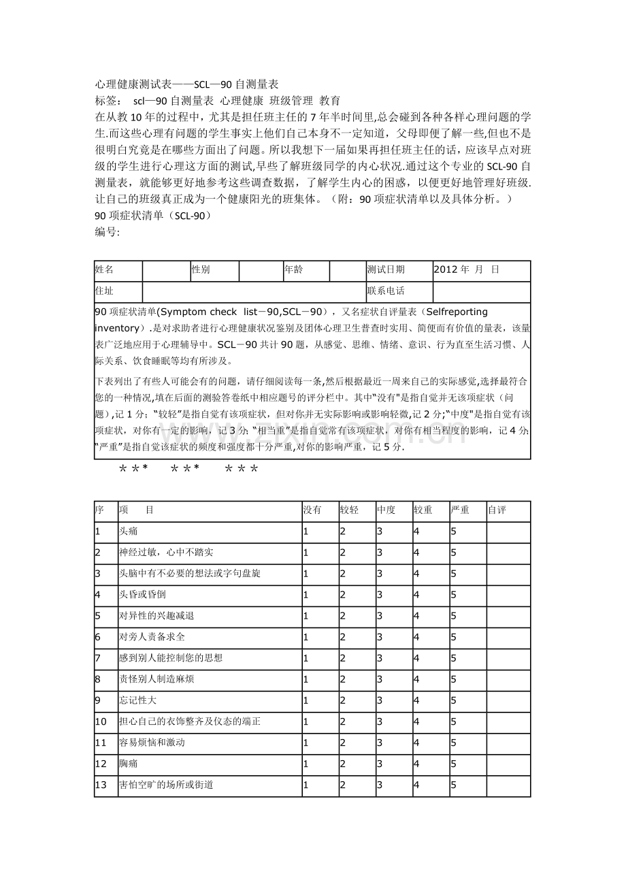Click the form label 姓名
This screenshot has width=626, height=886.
click(x=105, y=270)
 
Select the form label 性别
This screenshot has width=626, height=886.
click(x=201, y=270)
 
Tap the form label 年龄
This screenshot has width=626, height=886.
click(x=293, y=270)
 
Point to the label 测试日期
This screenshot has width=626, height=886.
click(x=386, y=270)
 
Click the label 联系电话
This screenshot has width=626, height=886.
click(x=386, y=291)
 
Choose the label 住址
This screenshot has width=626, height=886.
click(x=105, y=291)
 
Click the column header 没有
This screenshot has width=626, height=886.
click(x=312, y=510)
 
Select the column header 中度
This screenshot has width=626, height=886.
click(x=386, y=510)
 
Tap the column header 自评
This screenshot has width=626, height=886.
click(x=497, y=510)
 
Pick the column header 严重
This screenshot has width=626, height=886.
click(x=460, y=510)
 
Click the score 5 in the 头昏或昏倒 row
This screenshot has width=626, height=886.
click(x=453, y=595)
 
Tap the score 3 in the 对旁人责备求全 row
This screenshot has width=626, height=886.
click(x=379, y=637)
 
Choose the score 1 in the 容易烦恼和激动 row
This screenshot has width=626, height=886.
click(x=306, y=742)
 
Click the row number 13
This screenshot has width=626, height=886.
click(x=101, y=785)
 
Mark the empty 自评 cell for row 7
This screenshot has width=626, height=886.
click(x=508, y=658)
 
